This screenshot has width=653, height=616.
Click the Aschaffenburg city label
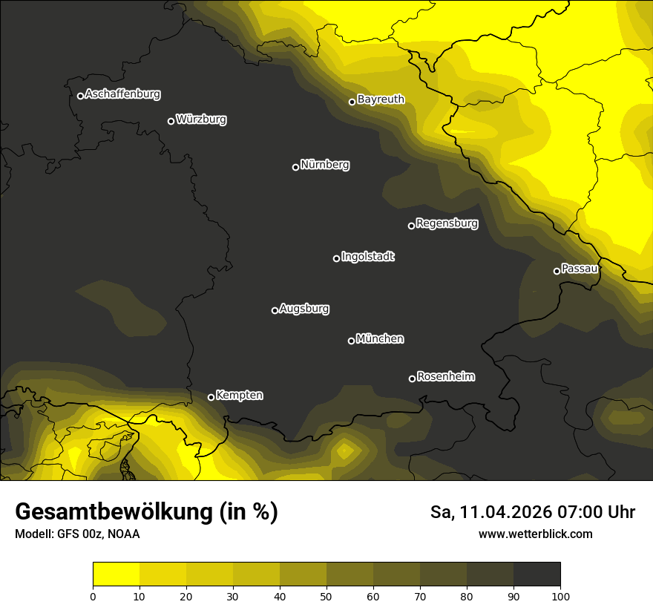(x=122, y=94)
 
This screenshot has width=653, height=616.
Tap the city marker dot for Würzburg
(x=171, y=121)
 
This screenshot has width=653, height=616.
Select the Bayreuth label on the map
(x=381, y=99)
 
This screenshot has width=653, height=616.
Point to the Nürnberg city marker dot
(x=295, y=167)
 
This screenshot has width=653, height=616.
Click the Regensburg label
(x=447, y=223)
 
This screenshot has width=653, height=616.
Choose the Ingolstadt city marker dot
(x=336, y=258)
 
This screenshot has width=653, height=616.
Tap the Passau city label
(x=580, y=269)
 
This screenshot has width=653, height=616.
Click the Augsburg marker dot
(x=275, y=310)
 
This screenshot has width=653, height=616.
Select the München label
(x=380, y=339)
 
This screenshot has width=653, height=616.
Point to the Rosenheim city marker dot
(x=412, y=379)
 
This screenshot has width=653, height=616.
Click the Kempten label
(x=239, y=396)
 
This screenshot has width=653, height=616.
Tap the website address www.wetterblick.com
(x=535, y=534)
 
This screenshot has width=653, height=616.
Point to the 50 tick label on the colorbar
(x=326, y=596)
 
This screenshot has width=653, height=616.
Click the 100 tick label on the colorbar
(x=560, y=596)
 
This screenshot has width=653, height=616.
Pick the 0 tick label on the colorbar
(x=93, y=596)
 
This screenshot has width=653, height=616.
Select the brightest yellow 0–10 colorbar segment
(x=116, y=574)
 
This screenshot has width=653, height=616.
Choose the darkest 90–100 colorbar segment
(x=536, y=574)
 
